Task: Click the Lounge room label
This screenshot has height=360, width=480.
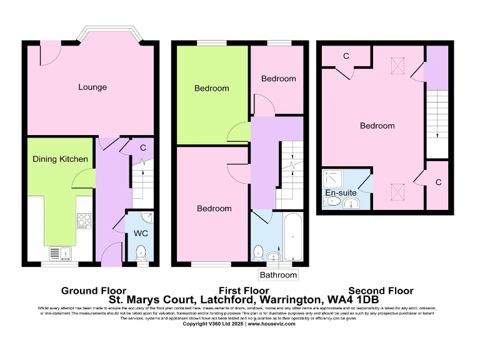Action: (92, 87)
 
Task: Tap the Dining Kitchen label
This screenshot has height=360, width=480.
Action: (61, 159)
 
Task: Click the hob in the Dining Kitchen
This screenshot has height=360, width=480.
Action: (84, 220)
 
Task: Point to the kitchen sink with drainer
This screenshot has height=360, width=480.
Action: (60, 253)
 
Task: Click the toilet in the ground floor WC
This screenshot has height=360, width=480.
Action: (142, 253)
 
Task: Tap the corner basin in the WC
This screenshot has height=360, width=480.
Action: (147, 217)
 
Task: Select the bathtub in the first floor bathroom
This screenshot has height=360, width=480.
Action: (293, 237)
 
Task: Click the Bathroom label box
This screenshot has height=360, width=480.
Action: (278, 275)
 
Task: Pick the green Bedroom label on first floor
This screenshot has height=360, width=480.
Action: (212, 88)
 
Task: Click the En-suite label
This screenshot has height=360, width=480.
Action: (341, 192)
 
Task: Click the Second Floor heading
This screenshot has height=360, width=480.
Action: (381, 291)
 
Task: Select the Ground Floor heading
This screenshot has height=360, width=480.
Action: (93, 291)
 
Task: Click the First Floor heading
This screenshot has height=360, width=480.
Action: (244, 291)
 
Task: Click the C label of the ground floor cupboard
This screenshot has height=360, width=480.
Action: (143, 148)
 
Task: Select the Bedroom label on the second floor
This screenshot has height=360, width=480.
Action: (377, 126)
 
